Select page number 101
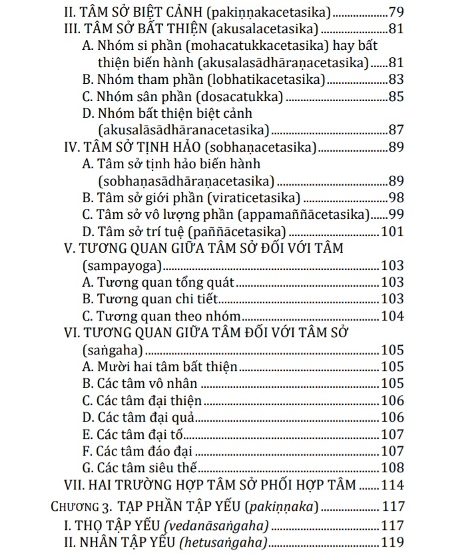click(392, 231)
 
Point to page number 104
click(392, 316)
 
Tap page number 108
click(392, 468)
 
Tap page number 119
click(392, 543)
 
